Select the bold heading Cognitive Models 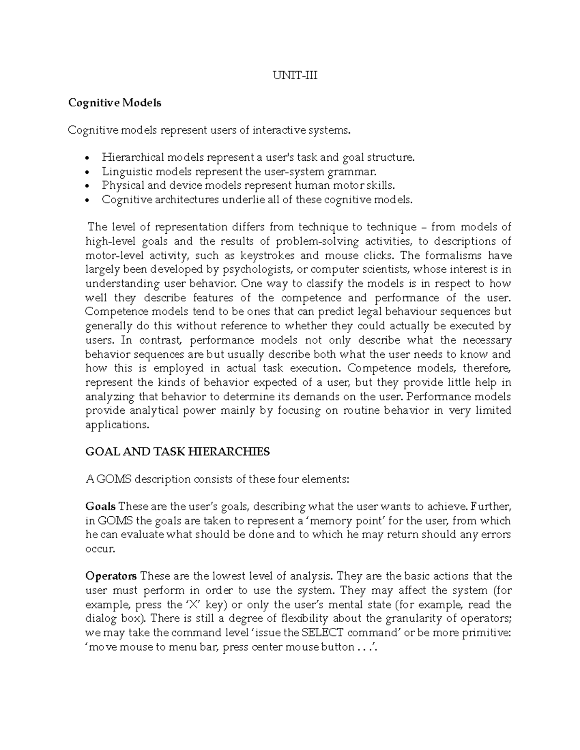click(115, 103)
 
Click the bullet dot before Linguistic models click(87, 172)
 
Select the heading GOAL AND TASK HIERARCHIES click(177, 452)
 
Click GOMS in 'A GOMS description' click(114, 480)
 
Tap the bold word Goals click(100, 507)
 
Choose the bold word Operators click(111, 576)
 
